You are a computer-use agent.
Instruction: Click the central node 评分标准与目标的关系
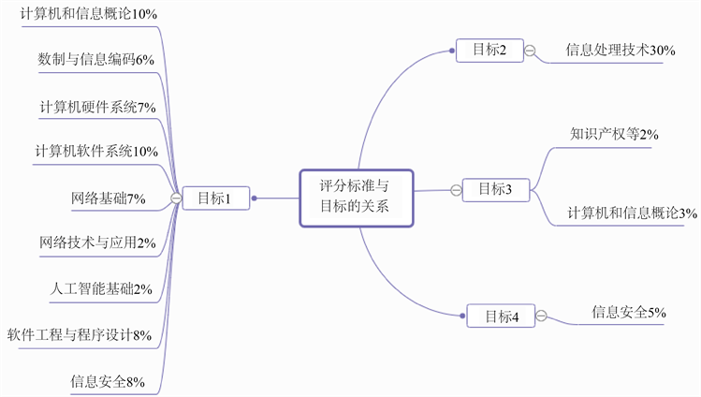point(356,198)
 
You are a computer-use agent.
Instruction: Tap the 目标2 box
point(489,51)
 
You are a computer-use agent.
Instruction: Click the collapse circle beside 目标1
point(175,198)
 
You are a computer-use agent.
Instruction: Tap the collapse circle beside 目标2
point(531,51)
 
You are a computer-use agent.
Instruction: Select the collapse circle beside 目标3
point(456,190)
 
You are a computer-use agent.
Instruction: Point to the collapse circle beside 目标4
point(542,316)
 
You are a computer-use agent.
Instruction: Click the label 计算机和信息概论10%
point(89,14)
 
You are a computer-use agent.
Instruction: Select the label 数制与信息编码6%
point(95,59)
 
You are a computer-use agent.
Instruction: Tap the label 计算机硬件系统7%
point(97,106)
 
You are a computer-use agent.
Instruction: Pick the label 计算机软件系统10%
point(96,151)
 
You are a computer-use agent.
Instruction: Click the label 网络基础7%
point(108,198)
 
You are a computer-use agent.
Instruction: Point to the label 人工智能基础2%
point(101,288)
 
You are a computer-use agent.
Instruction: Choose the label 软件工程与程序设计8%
point(80,334)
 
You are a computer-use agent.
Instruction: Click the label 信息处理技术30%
point(621,51)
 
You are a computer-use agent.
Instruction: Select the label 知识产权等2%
point(614,134)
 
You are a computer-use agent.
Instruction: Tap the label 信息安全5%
point(629,312)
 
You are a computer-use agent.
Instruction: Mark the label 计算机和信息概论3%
point(632,213)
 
